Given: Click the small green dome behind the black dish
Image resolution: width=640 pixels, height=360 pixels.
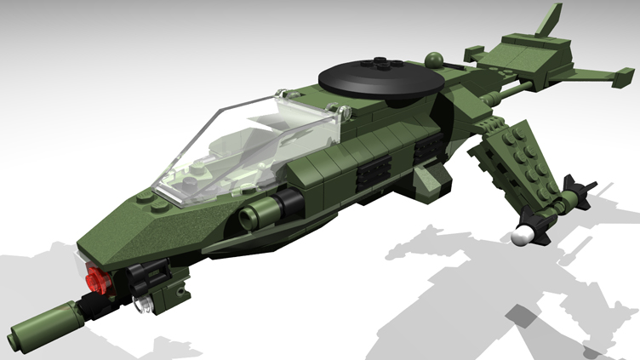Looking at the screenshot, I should pyautogui.click(x=435, y=60).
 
